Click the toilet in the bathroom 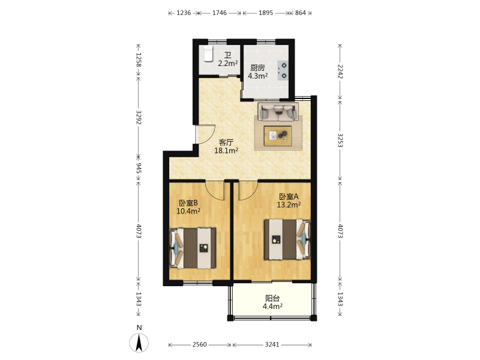coord(208,53)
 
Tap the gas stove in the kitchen coord(283,70)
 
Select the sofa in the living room coord(278,112)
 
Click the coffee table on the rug coord(278,136)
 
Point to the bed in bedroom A coord(287,239)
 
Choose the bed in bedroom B coord(193,248)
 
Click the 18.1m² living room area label coord(226,151)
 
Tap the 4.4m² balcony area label coord(272,306)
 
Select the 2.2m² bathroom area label coord(228,64)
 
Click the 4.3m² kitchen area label coord(258,76)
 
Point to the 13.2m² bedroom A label coord(289,205)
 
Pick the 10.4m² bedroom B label coord(188,211)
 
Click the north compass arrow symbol coord(139,343)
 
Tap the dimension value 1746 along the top coord(220,13)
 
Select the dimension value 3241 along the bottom coord(272,344)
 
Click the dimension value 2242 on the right coord(340,71)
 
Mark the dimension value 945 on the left coord(139,168)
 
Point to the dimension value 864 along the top coord(301,13)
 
